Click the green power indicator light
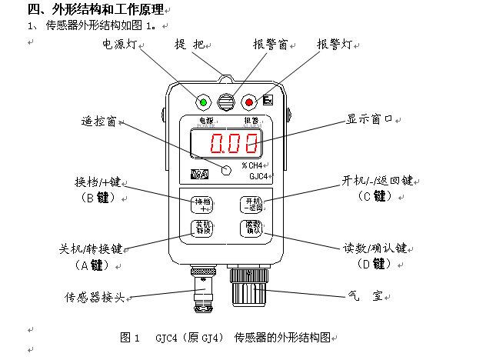coord(204,102)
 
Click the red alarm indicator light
coord(248,102)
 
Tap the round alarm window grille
coord(226,102)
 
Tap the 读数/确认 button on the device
coord(253,227)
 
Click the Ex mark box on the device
coord(268,100)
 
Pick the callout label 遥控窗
coord(98,122)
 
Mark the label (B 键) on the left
coord(97,197)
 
